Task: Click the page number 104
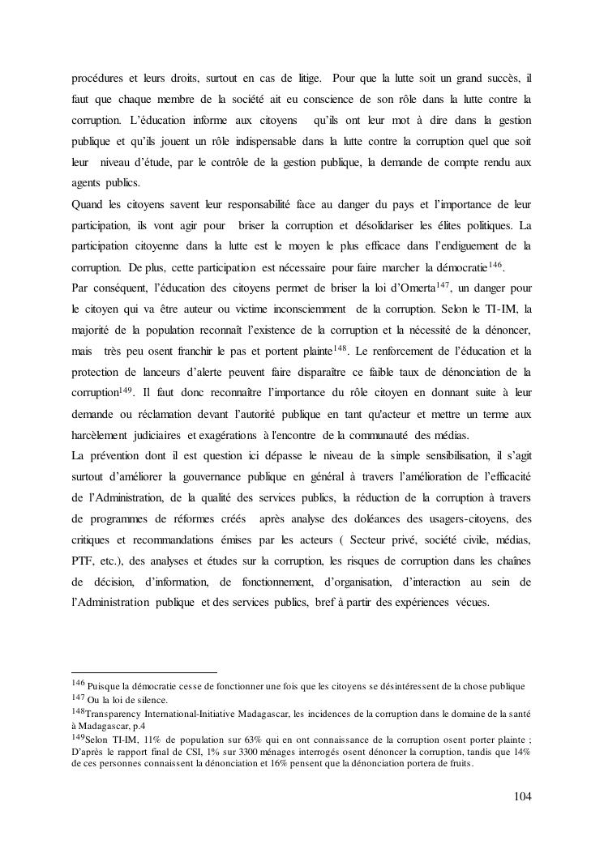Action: pos(522,796)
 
